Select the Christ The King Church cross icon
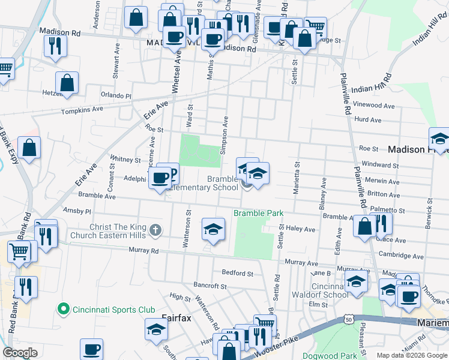155,230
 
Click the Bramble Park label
258,214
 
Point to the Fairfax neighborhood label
176,318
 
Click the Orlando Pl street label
116,95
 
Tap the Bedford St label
237,273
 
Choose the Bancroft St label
209,285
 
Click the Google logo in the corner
20,353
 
